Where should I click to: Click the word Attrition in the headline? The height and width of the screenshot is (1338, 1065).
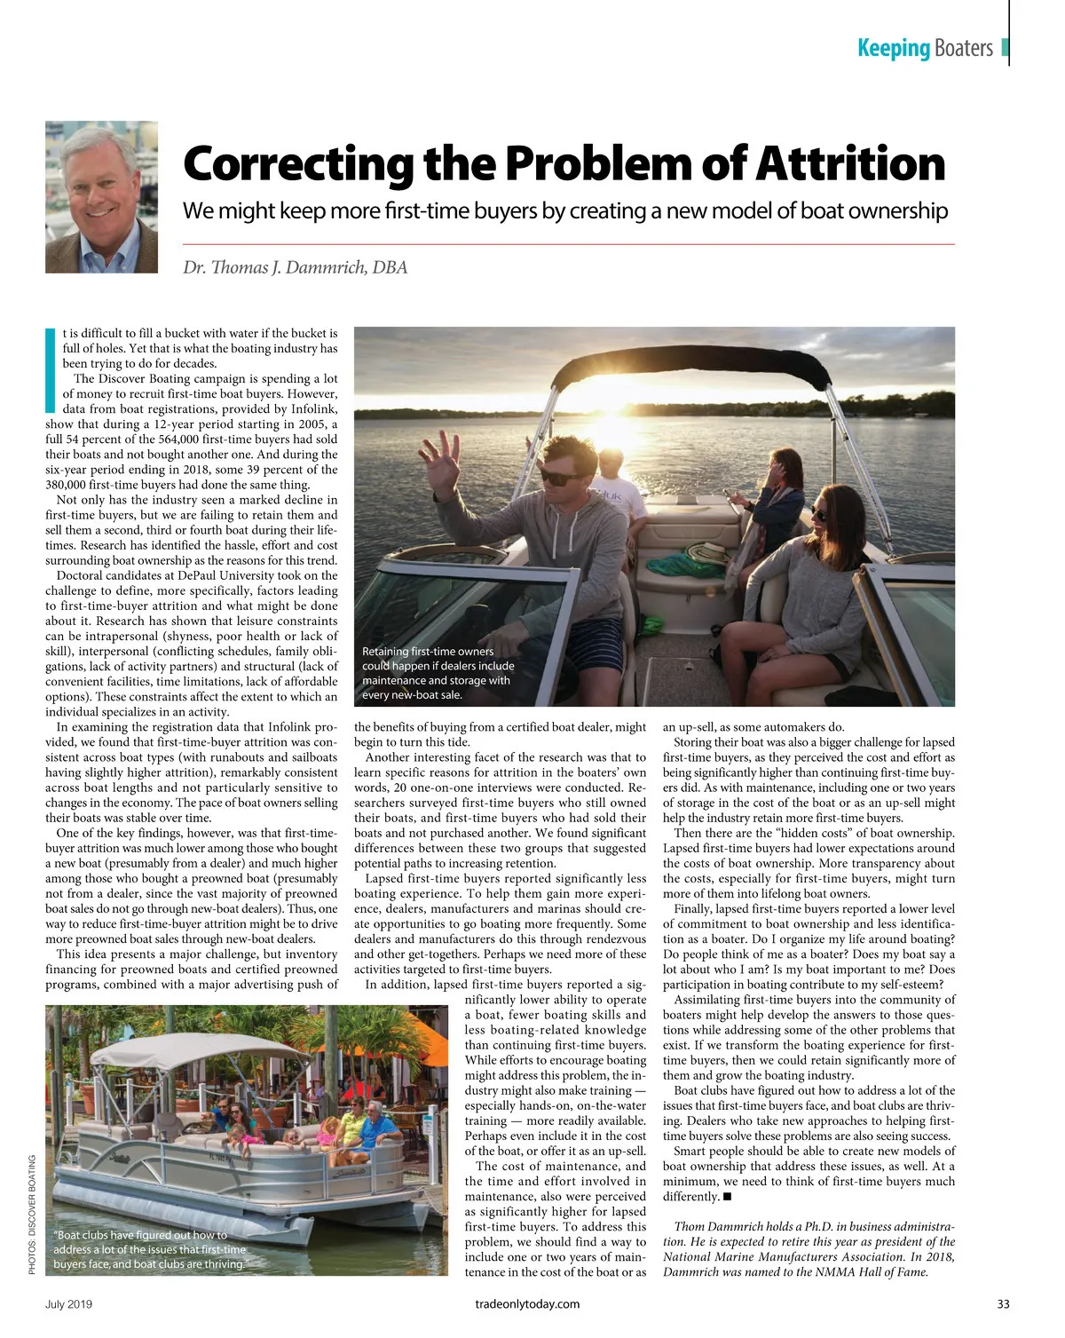click(x=849, y=164)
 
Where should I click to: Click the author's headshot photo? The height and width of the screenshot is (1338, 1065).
click(x=101, y=184)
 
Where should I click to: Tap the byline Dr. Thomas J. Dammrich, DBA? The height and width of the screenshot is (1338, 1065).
click(x=295, y=267)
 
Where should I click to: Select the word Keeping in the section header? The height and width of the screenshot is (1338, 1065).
click(x=893, y=48)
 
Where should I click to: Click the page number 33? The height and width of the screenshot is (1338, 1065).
click(x=1003, y=1304)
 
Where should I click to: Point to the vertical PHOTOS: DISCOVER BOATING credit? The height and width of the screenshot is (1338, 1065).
click(x=33, y=1215)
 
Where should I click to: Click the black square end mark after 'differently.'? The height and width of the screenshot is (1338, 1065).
click(x=727, y=1197)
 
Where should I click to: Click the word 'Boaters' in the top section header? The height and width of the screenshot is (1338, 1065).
click(x=963, y=48)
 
